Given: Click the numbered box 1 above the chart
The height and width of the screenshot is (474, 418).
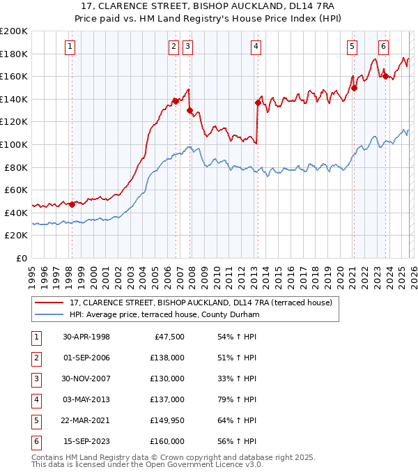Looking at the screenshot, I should [71, 47].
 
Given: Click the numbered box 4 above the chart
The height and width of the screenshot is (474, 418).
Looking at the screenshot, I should [256, 47].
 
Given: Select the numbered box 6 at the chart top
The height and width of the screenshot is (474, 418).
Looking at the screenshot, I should [383, 47].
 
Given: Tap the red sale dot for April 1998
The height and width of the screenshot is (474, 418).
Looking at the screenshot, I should [72, 204].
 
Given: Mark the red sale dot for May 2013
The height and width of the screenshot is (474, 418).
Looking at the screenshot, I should [258, 103].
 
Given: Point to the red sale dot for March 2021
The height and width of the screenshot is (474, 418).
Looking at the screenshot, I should [354, 88].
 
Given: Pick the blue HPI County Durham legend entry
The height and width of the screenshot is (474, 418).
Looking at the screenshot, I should [164, 314].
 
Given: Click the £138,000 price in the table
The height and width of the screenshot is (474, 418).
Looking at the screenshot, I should [168, 358].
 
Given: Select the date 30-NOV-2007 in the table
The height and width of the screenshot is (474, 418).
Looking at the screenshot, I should [86, 379].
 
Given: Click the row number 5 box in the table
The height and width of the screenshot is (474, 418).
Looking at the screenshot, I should [35, 420].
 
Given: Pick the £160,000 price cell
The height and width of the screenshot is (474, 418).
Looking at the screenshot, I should [168, 441].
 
